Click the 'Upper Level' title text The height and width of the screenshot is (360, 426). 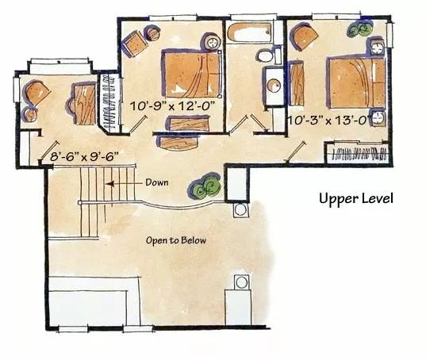point(356,198)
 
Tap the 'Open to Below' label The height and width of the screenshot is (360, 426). point(176,240)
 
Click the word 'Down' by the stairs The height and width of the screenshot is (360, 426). point(157,182)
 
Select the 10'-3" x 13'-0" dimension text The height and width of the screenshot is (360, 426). point(329,121)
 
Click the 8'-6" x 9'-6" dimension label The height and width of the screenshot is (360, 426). point(85,157)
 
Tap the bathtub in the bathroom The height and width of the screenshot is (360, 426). point(250,33)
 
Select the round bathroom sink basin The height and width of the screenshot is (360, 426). point(274,86)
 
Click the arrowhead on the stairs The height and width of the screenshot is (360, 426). point(109,184)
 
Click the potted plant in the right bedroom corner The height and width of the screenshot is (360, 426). point(360,29)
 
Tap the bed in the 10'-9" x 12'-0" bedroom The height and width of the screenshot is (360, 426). point(193,74)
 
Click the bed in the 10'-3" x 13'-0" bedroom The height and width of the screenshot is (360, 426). point(357,82)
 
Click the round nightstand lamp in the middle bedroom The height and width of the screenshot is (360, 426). point(211,43)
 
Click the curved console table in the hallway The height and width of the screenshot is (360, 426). point(178,143)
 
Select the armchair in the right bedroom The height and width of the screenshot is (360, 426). point(304,36)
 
